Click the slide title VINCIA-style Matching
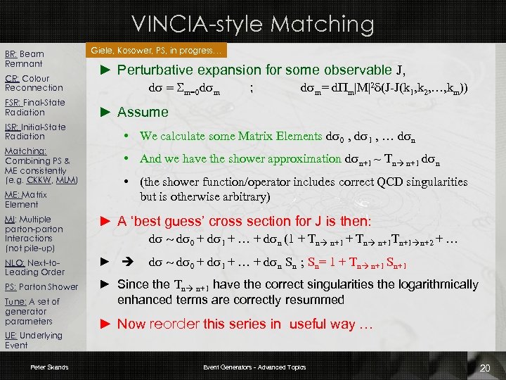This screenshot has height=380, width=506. pyautogui.click(x=252, y=24)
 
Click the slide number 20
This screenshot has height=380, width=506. pyautogui.click(x=485, y=368)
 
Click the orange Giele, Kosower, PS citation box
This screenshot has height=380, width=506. pyautogui.click(x=157, y=51)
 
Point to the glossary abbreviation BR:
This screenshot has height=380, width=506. pyautogui.click(x=11, y=54)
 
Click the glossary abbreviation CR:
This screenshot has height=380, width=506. pyautogui.click(x=11, y=79)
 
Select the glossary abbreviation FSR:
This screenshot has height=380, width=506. pyautogui.click(x=13, y=103)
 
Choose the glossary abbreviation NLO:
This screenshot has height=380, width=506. pyautogui.click(x=14, y=262)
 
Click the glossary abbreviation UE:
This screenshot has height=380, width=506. pyautogui.click(x=11, y=336)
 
